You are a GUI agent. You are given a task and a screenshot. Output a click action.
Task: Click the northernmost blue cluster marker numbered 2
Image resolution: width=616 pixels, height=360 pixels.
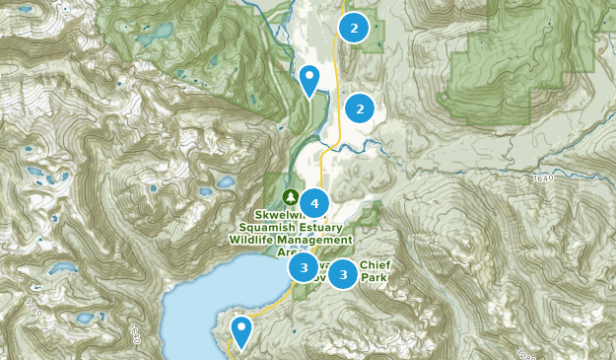(353, 29)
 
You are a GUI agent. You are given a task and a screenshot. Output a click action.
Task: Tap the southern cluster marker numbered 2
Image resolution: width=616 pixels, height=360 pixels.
(360, 108)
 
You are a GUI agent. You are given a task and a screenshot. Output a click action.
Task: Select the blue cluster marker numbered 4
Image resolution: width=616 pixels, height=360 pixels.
(314, 203)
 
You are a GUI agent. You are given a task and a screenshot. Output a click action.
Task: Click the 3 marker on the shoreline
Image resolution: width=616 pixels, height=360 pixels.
(304, 267)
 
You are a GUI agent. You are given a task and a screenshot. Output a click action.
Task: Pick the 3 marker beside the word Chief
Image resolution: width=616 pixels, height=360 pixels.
(343, 274)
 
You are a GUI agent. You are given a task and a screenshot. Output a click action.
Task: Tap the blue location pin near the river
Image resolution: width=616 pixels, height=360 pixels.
(310, 79)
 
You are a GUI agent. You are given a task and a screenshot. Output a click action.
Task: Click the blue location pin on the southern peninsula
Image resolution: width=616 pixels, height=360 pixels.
(240, 330)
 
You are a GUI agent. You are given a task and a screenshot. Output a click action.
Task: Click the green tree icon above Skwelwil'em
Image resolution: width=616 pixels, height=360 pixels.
(290, 196)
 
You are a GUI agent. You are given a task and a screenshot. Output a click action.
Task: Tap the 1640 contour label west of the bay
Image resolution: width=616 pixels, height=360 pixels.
(134, 334)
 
